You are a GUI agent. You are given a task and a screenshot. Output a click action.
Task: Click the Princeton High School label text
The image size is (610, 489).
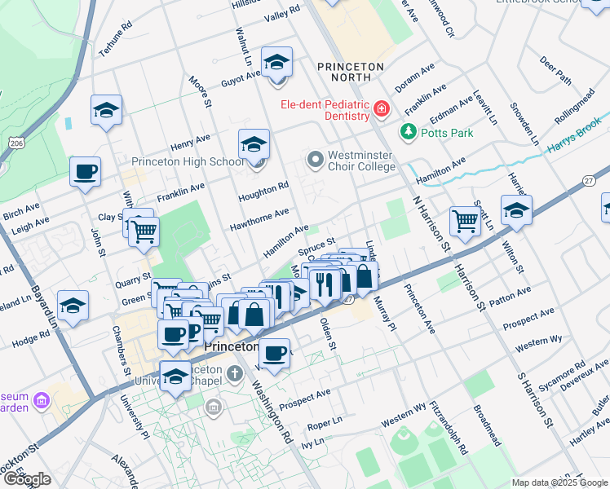[188, 161]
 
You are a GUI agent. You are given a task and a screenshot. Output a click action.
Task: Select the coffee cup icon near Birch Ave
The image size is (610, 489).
[85, 172]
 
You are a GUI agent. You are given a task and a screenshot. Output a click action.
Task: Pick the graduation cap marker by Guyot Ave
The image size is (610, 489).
[276, 63]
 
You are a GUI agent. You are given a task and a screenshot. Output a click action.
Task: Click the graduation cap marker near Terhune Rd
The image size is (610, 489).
[106, 110]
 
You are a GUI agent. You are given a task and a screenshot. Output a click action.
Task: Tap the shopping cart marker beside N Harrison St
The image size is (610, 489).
[465, 219]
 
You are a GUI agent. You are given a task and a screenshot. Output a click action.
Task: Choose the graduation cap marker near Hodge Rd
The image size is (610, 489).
[73, 306]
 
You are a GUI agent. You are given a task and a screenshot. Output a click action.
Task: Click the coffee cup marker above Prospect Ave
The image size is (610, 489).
[274, 353]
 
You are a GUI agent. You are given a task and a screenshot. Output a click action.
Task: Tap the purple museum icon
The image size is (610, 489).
[41, 400]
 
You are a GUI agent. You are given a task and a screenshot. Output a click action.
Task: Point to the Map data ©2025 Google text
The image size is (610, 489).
[559, 482]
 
